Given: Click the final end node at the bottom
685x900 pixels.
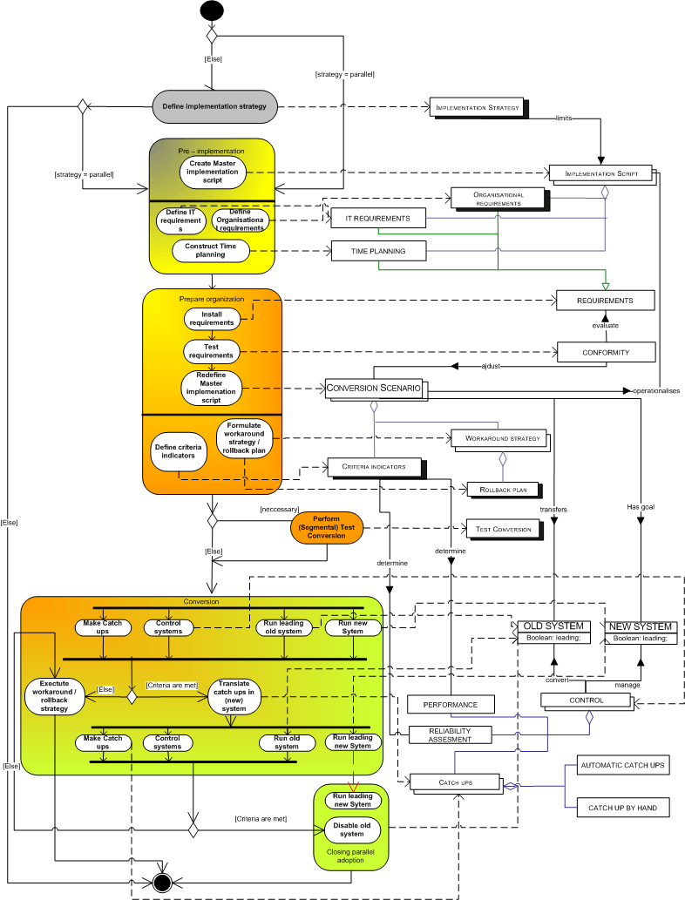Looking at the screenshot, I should point(161,882).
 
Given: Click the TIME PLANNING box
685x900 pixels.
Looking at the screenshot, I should point(378,251).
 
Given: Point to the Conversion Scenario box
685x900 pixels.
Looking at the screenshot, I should point(374,388).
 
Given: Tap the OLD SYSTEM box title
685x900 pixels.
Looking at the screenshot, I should point(554,626).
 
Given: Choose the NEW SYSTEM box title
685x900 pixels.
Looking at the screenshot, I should point(641,626).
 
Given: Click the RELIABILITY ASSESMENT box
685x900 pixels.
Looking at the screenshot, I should point(450,735).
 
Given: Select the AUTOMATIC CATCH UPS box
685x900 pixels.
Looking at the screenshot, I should point(621,766).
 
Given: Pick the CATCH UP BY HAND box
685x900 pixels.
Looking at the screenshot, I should point(621,808).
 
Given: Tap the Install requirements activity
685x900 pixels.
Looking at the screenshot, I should point(212,318).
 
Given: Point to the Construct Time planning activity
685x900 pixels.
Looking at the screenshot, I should point(211,251).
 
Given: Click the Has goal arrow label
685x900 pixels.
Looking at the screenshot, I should point(641,505).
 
